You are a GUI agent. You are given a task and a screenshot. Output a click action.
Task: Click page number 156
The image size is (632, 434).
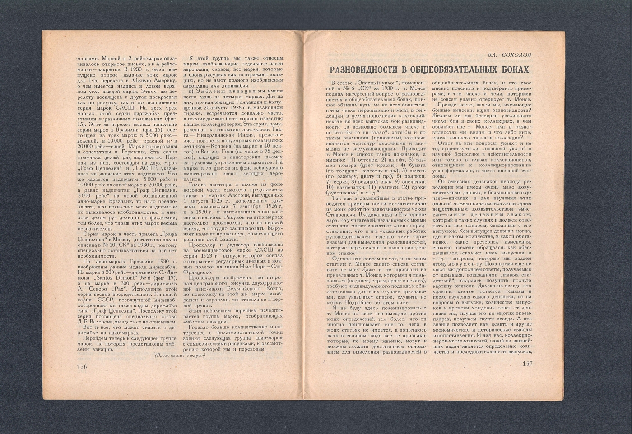(82, 366)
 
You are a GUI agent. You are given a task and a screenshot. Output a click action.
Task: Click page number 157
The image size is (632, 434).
(527, 364)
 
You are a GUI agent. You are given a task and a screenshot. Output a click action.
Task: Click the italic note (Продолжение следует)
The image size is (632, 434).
(180, 355)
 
